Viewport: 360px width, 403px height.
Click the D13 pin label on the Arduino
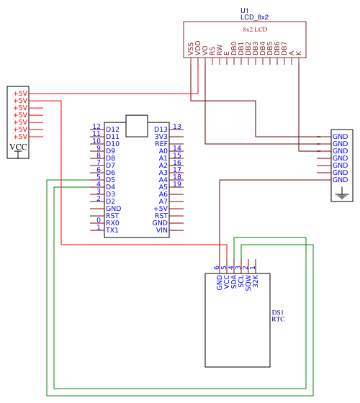click(x=161, y=130)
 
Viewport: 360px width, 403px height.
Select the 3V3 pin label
click(x=161, y=137)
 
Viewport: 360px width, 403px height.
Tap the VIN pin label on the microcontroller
click(x=162, y=230)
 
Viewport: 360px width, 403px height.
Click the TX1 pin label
click(x=112, y=230)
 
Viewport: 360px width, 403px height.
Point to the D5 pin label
click(x=111, y=180)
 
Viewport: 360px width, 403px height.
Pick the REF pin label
click(x=161, y=144)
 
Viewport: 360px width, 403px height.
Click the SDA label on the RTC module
click(x=233, y=281)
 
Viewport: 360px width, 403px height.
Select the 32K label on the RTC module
click(x=255, y=281)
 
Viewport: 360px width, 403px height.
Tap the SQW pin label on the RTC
click(x=248, y=283)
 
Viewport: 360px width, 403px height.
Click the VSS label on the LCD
click(x=191, y=49)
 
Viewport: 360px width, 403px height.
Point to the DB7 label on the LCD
click(x=284, y=48)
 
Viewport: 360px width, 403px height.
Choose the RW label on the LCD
click(x=220, y=50)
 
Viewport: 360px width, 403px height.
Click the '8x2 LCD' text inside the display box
click(x=255, y=30)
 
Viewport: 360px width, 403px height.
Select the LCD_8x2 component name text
click(x=254, y=17)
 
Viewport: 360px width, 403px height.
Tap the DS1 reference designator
click(x=278, y=312)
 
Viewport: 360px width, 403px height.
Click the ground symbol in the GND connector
click(x=342, y=194)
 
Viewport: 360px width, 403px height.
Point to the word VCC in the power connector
click(x=18, y=147)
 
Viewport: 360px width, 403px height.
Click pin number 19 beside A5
click(x=177, y=184)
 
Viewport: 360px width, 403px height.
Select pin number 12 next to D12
click(x=96, y=127)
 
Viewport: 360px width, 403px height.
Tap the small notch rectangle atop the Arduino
click(x=137, y=115)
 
